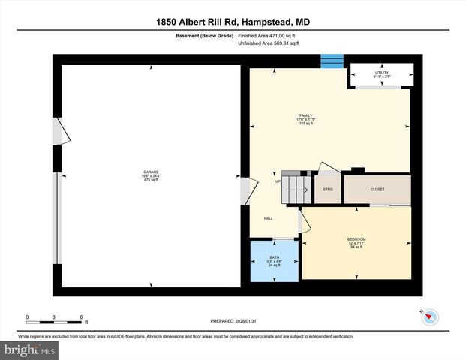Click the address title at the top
tap(233, 22)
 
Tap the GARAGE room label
tap(151, 173)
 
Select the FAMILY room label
tap(305, 115)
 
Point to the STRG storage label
tap(327, 190)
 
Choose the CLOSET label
tap(377, 190)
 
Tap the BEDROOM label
tap(356, 239)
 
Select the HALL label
tap(268, 219)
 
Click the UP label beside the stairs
tap(278, 181)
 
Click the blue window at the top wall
tap(330, 61)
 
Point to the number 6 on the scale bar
tap(80, 316)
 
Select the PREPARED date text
tap(233, 322)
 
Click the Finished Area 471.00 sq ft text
tap(269, 35)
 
